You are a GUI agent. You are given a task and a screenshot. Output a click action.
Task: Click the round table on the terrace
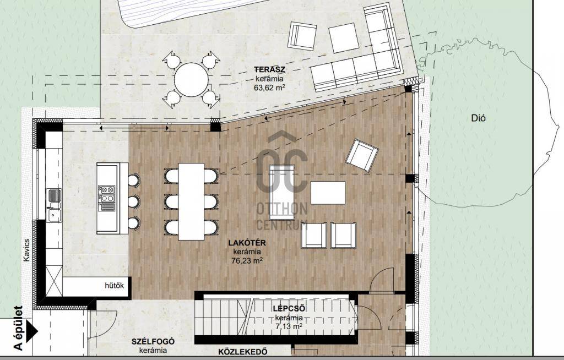[x=191, y=79]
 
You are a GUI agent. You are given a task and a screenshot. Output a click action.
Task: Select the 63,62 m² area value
[x=269, y=86]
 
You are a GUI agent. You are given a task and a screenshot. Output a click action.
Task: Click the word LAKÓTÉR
[x=247, y=243]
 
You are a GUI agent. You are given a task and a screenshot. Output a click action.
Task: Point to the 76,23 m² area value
[x=247, y=260]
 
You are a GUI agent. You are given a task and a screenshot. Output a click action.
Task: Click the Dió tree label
[x=479, y=118]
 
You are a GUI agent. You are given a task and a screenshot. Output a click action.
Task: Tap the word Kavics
[x=26, y=250]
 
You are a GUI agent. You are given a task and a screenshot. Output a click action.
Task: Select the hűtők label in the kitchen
[x=115, y=286]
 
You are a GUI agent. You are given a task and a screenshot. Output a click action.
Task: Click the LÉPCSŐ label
[x=289, y=309]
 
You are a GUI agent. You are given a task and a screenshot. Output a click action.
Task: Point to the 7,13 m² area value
[x=289, y=326]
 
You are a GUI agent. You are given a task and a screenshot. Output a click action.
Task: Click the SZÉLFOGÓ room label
[x=153, y=341]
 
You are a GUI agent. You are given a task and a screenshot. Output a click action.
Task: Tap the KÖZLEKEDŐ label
[x=243, y=351]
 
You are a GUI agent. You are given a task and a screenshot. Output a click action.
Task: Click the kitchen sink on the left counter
[x=55, y=205]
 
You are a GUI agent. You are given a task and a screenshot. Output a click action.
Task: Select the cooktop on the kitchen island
[x=106, y=198]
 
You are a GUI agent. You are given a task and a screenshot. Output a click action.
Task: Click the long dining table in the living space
[x=191, y=202]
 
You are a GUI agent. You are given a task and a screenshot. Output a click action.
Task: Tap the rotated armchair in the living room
[x=362, y=155]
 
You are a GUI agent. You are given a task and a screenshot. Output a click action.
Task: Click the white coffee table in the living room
[x=328, y=193]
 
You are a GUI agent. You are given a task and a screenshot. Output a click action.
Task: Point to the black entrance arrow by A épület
[x=32, y=330]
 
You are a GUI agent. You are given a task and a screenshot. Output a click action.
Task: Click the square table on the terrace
[x=344, y=37]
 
